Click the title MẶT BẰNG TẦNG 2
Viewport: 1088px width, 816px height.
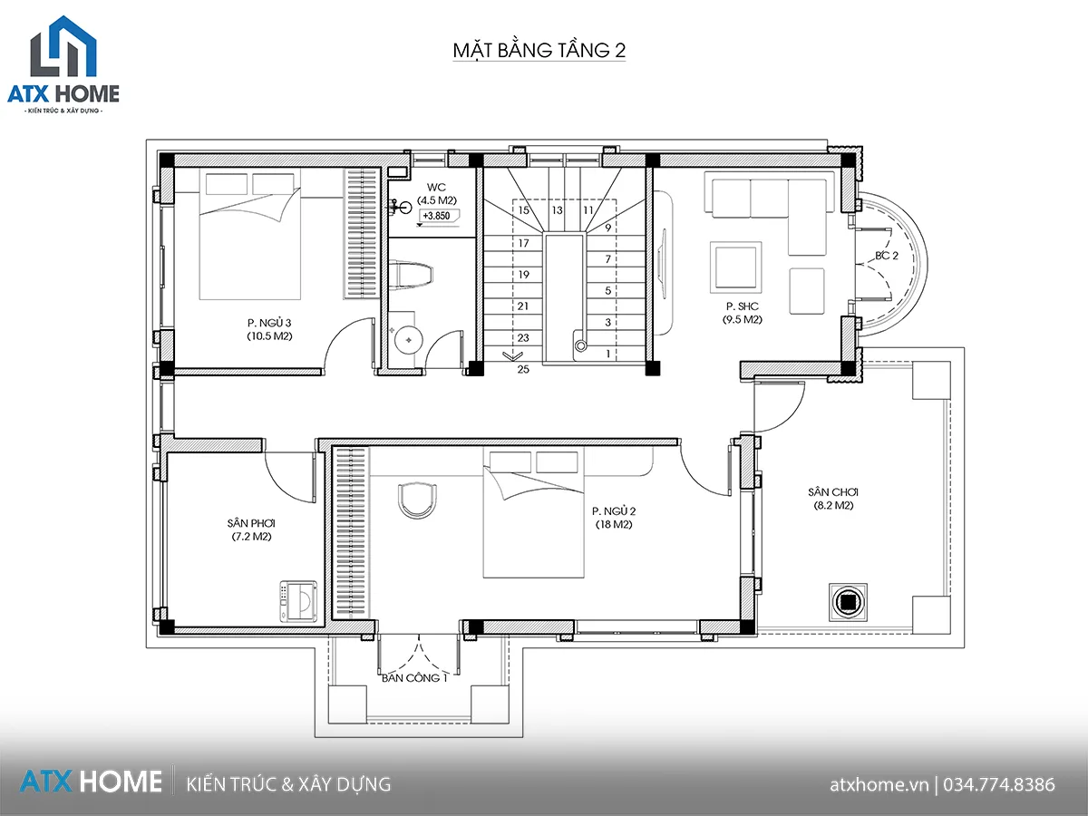pos(539,51)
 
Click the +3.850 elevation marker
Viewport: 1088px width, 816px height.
pos(437,216)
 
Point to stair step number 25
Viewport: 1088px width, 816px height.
pos(523,369)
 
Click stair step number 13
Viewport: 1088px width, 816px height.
pos(557,210)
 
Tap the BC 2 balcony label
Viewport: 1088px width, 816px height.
pos(887,256)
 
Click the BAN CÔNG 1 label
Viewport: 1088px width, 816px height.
pos(414,678)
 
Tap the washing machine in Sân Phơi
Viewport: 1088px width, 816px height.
pos(298,601)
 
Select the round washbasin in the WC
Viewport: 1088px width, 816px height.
pos(408,340)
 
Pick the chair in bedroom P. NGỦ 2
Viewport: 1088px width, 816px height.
pos(417,500)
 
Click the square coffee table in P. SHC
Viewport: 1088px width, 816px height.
pos(735,267)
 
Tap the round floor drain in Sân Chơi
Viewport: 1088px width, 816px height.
pos(848,602)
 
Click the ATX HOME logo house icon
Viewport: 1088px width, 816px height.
pos(63,46)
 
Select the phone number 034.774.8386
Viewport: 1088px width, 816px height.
pos(999,785)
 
